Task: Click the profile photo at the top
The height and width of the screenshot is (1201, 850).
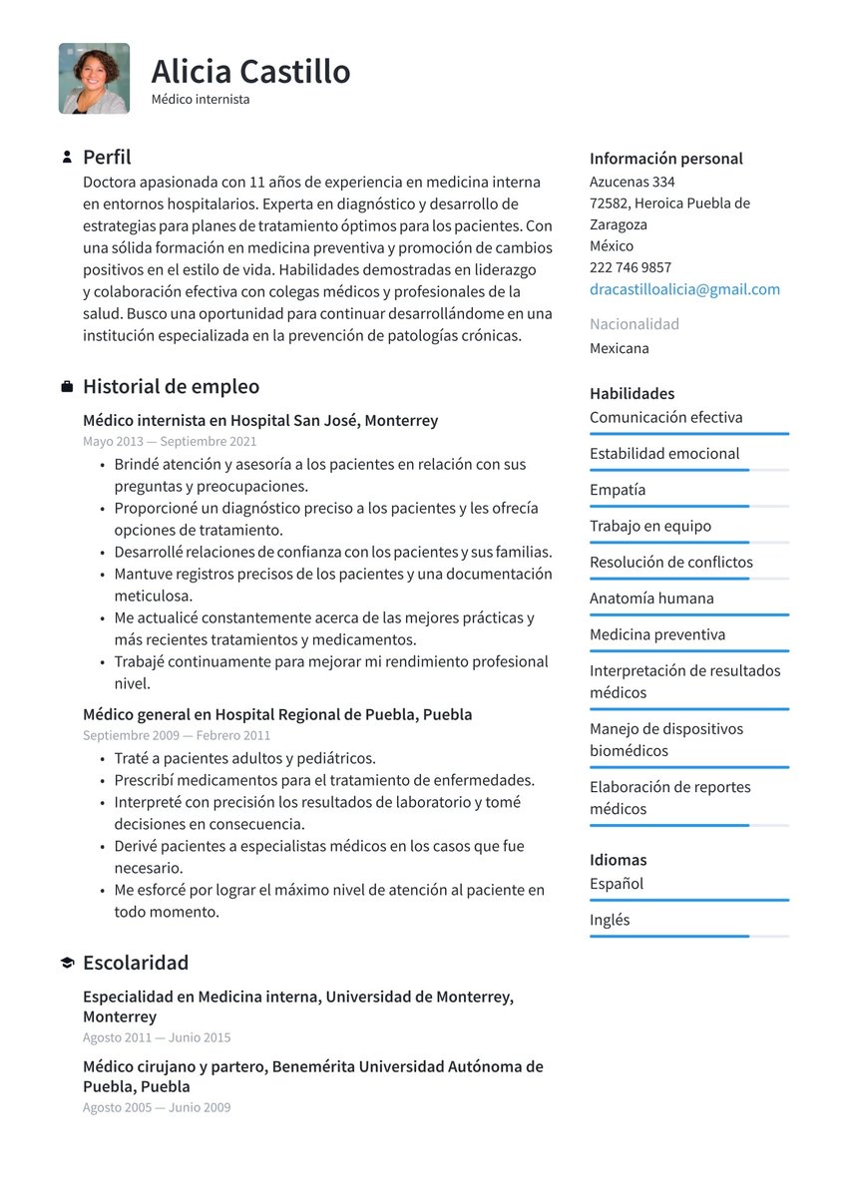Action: click(94, 78)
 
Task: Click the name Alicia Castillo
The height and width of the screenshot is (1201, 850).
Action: click(250, 72)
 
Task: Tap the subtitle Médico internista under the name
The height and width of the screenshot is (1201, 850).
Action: click(201, 100)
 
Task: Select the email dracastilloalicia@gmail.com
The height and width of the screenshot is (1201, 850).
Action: click(684, 289)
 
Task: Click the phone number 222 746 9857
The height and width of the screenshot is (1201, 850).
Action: click(630, 267)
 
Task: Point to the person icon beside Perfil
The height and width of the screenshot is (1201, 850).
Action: click(67, 158)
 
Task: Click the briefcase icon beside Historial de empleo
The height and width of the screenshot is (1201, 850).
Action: click(67, 387)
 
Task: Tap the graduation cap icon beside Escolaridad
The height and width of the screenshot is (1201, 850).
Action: click(67, 964)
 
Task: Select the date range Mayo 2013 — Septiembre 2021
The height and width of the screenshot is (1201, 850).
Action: click(170, 441)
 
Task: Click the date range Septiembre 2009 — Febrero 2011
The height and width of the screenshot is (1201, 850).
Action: click(177, 735)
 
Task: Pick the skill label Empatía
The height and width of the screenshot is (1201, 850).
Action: click(618, 490)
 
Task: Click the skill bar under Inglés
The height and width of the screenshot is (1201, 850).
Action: click(688, 937)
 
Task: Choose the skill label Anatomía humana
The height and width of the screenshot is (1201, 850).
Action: click(651, 599)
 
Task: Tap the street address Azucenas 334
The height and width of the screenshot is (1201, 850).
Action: click(632, 182)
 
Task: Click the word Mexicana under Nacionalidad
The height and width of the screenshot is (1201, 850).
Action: click(619, 348)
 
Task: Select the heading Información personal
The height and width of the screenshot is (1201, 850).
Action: click(665, 159)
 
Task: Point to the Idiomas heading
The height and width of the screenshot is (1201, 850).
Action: click(618, 860)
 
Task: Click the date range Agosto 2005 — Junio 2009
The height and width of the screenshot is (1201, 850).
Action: click(157, 1107)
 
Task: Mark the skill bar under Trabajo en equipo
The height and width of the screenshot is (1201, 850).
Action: click(688, 543)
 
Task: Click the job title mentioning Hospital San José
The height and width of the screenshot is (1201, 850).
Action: click(260, 421)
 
